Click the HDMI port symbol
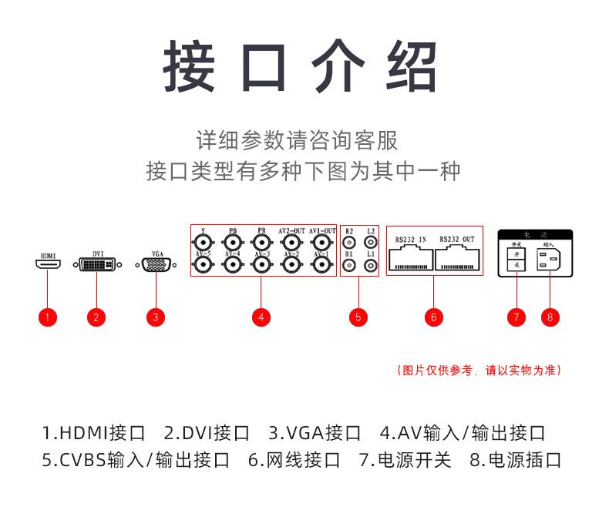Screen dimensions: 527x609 [x=49, y=264]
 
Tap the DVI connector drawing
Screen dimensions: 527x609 [x=96, y=264]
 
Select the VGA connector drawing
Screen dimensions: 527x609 [x=156, y=265]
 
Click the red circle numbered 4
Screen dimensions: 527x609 [x=261, y=317]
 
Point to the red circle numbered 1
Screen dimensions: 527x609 [x=48, y=317]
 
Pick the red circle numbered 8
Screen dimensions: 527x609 [x=550, y=317]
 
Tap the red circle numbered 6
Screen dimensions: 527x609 [x=434, y=317]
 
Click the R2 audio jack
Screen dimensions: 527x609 [x=349, y=242]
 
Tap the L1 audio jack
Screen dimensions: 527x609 [x=371, y=265]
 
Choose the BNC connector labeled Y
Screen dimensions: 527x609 [x=203, y=242]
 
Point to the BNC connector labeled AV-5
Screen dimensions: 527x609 [x=203, y=265]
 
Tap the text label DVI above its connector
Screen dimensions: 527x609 [x=98, y=252]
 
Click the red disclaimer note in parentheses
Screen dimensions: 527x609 [x=478, y=371]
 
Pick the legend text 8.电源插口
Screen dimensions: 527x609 [x=516, y=461]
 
